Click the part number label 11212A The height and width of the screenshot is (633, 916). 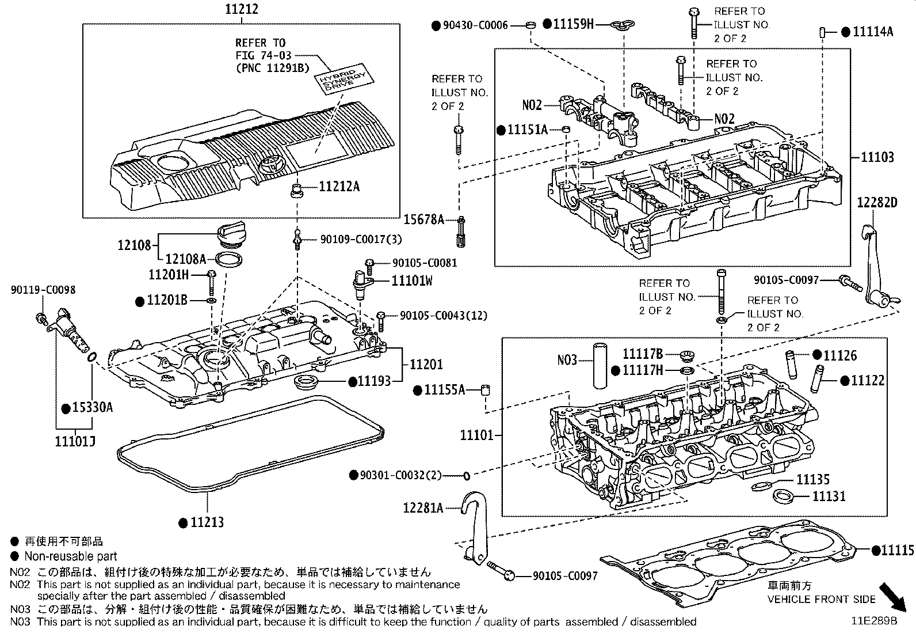click(x=339, y=187)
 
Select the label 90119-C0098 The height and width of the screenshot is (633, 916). click(x=43, y=290)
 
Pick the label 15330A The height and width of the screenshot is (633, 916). click(x=92, y=408)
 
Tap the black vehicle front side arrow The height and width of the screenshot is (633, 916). click(x=894, y=597)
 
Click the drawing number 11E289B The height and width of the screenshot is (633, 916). click(x=875, y=622)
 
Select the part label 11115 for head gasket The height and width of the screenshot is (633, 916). click(x=898, y=551)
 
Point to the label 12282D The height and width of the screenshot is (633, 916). click(x=877, y=203)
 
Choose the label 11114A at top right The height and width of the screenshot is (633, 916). click(x=873, y=32)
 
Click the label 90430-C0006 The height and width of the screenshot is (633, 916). click(x=476, y=25)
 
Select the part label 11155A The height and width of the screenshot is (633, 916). click(x=444, y=390)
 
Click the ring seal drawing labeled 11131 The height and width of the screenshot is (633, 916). click(x=783, y=495)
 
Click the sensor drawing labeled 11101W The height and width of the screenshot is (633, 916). click(x=361, y=284)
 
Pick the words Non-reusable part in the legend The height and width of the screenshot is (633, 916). click(x=70, y=556)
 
